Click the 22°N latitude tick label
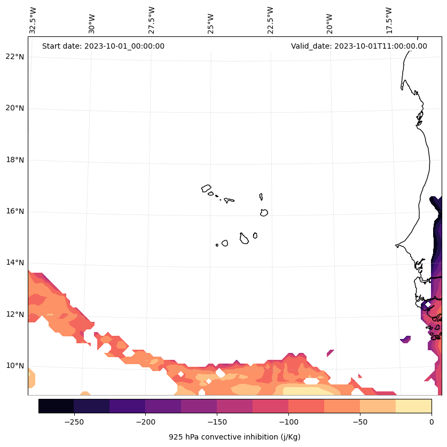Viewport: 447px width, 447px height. coord(15,57)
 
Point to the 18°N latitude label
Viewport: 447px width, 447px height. coord(15,160)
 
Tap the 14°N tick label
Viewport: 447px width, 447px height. coord(15,263)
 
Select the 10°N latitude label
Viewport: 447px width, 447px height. coord(15,366)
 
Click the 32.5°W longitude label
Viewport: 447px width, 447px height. coord(33,19)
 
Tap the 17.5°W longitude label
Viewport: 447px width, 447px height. coord(389,19)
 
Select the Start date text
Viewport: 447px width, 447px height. coord(103,46)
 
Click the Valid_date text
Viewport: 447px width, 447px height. coord(359,46)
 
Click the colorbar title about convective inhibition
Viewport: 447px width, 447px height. coord(234,437)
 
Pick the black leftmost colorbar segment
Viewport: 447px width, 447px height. coord(56,406)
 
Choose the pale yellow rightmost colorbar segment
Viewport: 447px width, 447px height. coord(413,406)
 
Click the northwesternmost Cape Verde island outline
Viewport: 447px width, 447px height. coord(206,188)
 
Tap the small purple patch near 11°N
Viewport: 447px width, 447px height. coord(406,339)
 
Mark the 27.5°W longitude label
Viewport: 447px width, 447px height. coord(152,19)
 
